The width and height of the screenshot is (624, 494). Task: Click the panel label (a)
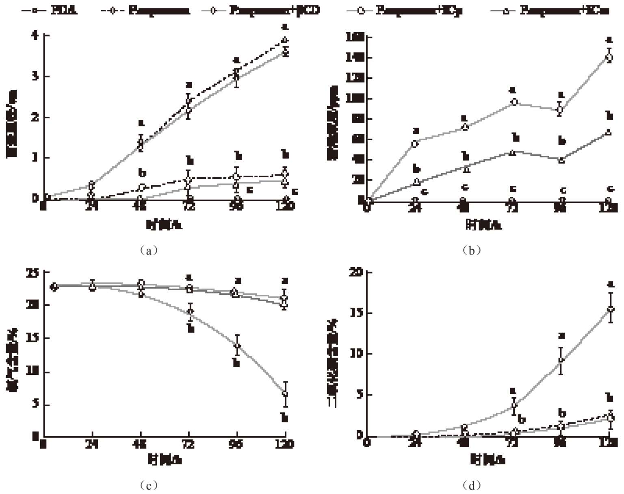[148, 250]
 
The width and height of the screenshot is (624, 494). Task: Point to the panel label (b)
[471, 250]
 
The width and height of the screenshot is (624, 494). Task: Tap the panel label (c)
[148, 485]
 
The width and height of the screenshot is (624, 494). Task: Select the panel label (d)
[471, 485]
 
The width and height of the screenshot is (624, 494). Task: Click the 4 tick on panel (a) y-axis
[35, 35]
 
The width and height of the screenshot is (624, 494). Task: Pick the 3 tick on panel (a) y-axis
[35, 76]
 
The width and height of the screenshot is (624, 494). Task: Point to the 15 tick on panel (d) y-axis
[357, 313]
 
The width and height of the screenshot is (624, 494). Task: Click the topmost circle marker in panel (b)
[609, 58]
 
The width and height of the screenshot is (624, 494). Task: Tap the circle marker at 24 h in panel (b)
[415, 144]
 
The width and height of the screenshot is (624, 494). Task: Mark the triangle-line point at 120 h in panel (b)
[609, 132]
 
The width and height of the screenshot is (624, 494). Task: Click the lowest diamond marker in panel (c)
[285, 394]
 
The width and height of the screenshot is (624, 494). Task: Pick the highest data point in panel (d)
[610, 309]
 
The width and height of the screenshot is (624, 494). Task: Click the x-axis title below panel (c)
[165, 460]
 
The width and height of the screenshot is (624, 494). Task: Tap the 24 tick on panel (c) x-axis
[92, 444]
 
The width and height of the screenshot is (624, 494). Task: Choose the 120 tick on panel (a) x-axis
[285, 206]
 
